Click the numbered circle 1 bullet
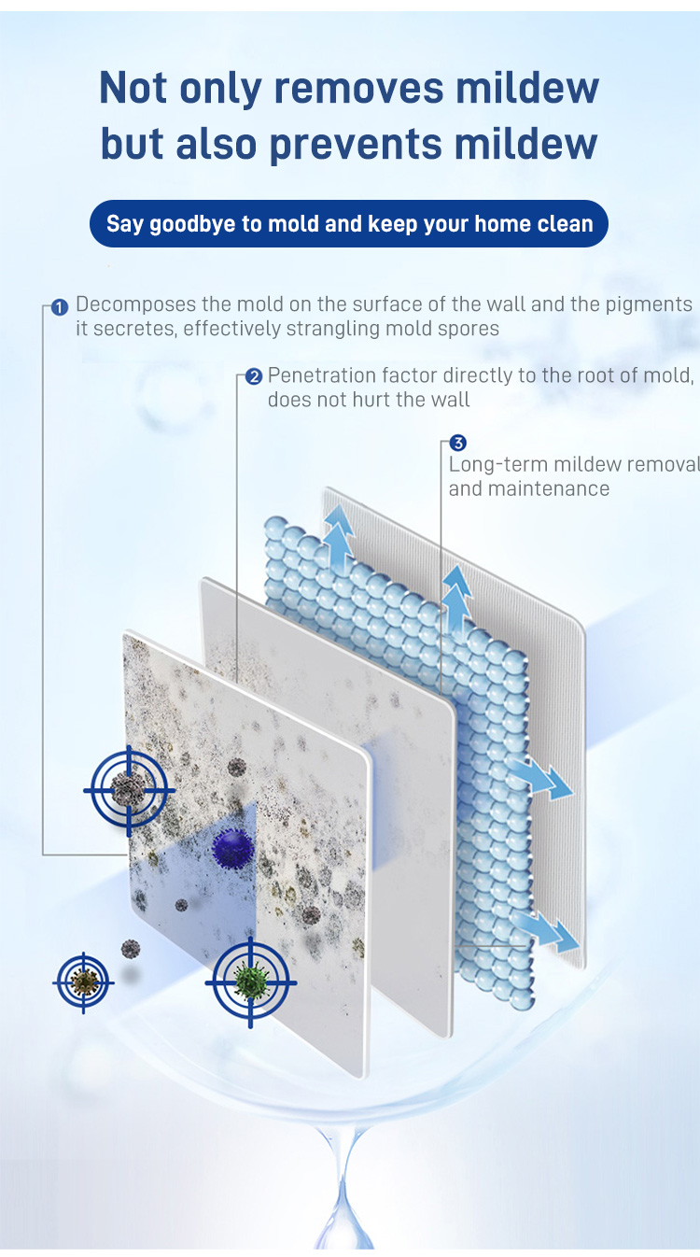[x=60, y=307]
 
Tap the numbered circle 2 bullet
[x=254, y=376]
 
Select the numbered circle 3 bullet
[x=457, y=444]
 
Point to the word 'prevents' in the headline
[x=355, y=144]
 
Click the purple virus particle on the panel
[x=232, y=848]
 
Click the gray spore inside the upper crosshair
[x=129, y=789]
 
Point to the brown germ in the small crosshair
[x=84, y=982]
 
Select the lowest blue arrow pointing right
[x=547, y=932]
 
